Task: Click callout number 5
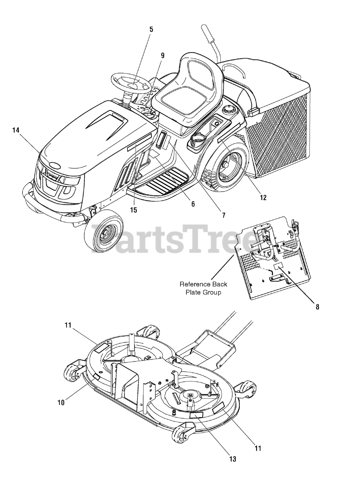click(x=151, y=29)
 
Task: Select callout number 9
click(x=162, y=55)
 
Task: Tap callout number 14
click(x=15, y=130)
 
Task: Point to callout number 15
click(x=133, y=210)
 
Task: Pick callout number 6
click(x=193, y=204)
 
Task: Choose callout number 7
click(x=223, y=215)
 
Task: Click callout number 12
click(x=263, y=198)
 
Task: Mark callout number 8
click(x=317, y=307)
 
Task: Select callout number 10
click(x=61, y=402)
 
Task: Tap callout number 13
click(x=233, y=459)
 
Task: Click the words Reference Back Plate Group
click(x=203, y=288)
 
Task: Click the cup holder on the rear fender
click(x=198, y=141)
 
